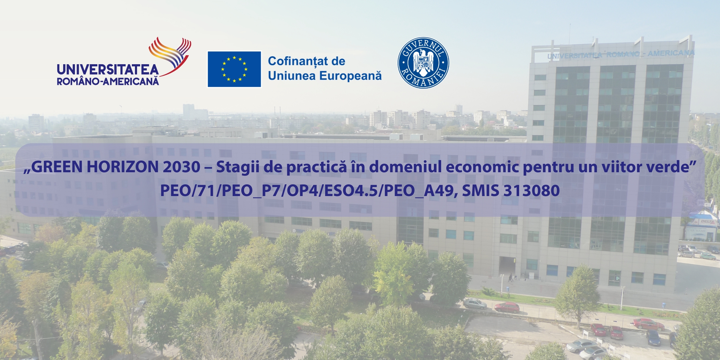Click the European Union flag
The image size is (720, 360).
click(x=234, y=69)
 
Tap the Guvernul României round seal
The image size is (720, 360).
click(x=423, y=62)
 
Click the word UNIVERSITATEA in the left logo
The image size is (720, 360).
click(x=108, y=70)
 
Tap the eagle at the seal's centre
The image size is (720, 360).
click(x=423, y=62)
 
